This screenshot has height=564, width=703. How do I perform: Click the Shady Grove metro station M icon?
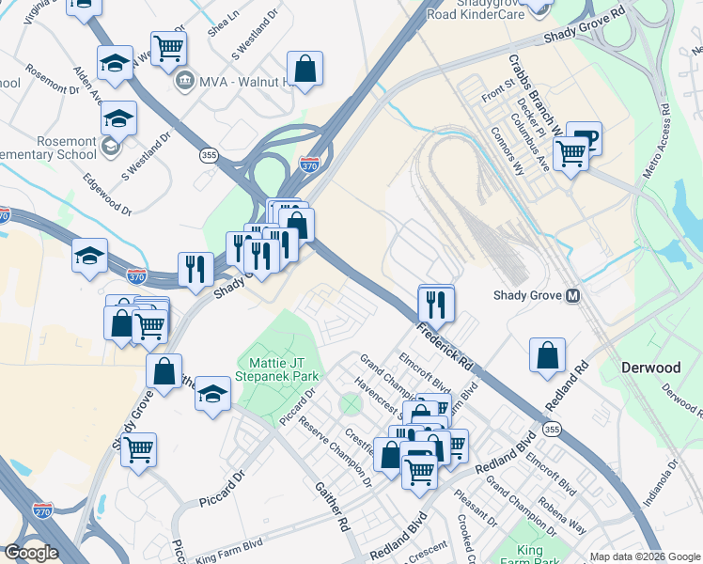click(572, 296)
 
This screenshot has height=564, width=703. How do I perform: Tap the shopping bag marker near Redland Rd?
click(547, 356)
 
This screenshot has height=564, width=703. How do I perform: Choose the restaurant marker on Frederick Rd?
click(436, 304)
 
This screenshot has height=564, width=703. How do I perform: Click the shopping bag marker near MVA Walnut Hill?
click(305, 69)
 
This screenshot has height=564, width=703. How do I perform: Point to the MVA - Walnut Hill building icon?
click(184, 79)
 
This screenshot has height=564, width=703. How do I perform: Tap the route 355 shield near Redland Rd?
click(553, 430)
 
